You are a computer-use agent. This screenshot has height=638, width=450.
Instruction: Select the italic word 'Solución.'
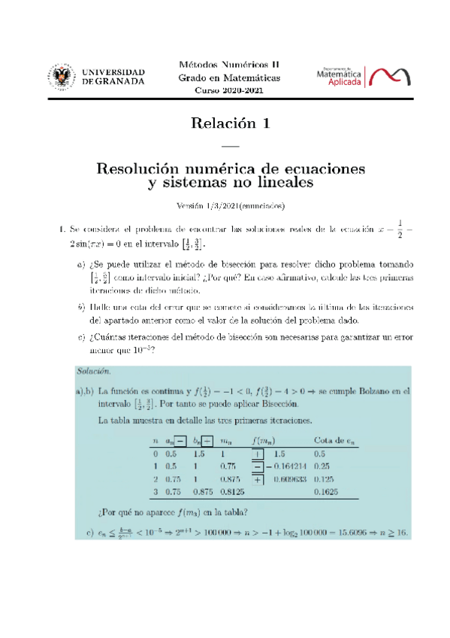coord(94,370)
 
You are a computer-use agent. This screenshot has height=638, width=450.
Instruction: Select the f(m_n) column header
coord(267,440)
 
